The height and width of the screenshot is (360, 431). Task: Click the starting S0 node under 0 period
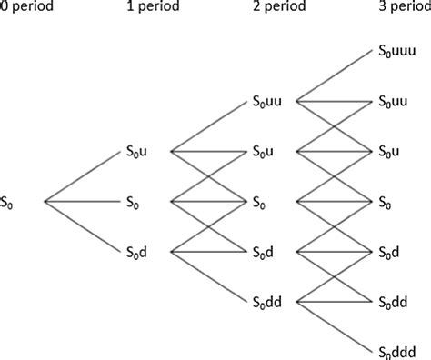(x=13, y=200)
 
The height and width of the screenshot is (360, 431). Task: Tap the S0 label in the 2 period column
(x=262, y=200)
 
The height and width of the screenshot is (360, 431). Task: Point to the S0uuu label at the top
(x=397, y=52)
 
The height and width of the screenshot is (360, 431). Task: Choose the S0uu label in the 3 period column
(x=394, y=101)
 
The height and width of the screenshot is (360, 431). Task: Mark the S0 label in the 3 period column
(x=386, y=200)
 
